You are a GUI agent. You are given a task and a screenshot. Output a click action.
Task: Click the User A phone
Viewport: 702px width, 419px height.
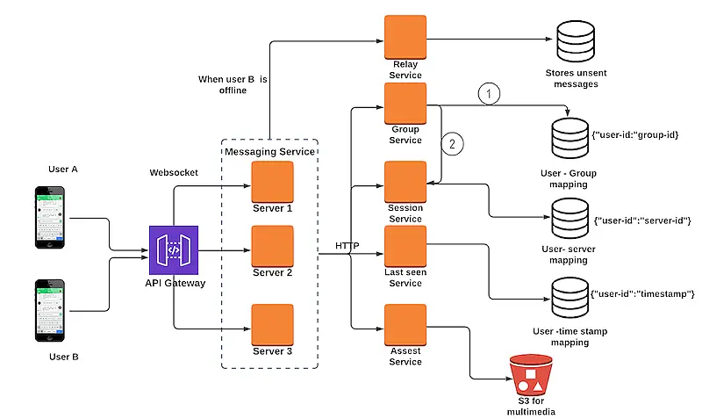pos(50,216)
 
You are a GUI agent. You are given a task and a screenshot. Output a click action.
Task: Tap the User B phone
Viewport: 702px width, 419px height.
pos(50,310)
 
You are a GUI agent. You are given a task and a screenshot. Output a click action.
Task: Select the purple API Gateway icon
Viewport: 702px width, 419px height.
pos(174,250)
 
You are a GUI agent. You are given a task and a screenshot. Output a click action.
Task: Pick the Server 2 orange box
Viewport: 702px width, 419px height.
pos(273,247)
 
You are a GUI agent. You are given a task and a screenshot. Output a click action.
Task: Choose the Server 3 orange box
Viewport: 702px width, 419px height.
pos(273,325)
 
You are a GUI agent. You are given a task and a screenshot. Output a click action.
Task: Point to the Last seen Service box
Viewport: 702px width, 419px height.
pos(405,247)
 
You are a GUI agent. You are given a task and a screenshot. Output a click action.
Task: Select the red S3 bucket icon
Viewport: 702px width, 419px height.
pos(531,374)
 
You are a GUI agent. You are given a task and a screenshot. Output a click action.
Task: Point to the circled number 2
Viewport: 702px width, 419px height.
pos(454,143)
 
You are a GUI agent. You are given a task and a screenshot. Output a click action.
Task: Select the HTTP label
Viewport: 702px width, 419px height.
pos(347,246)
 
